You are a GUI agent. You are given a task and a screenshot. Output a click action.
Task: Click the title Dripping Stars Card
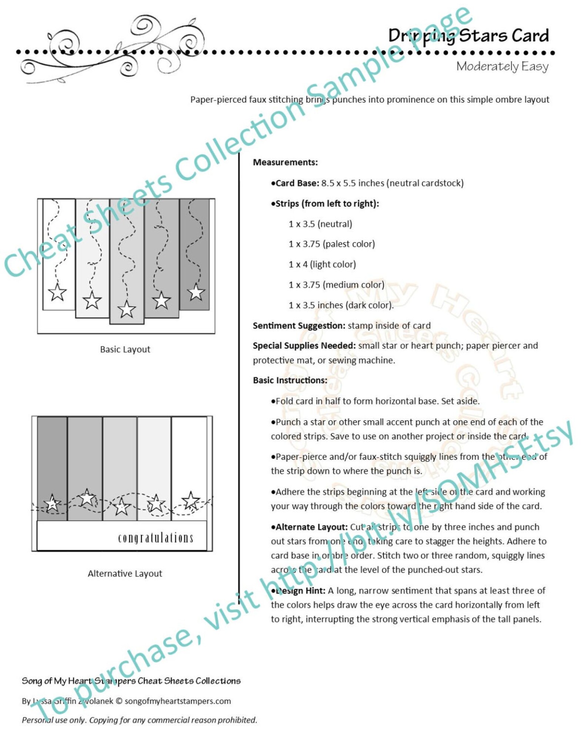tap(468, 36)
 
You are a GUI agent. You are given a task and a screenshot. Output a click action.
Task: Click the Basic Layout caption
tap(125, 349)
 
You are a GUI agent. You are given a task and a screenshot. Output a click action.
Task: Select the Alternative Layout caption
tap(125, 574)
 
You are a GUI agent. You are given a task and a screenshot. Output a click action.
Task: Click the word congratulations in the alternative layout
tap(156, 538)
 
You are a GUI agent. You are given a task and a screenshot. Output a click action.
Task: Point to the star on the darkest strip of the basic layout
tap(196, 292)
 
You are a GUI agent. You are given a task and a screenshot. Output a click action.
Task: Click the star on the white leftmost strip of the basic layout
tap(57, 292)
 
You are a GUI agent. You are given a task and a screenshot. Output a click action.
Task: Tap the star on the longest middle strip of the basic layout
tap(127, 309)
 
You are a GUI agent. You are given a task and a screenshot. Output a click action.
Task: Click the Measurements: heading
tap(285, 162)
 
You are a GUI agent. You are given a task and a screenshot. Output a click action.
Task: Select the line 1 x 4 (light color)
tap(322, 264)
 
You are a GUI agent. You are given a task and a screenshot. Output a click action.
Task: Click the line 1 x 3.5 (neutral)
tap(320, 224)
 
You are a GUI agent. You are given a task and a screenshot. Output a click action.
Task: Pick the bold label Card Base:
tap(296, 183)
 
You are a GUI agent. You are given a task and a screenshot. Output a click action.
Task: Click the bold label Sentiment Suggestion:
tap(299, 325)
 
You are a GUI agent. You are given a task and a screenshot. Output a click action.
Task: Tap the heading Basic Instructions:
tap(290, 380)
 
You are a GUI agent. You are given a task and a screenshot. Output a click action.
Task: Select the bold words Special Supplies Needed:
tap(304, 345)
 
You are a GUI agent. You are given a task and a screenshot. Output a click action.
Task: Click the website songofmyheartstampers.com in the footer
tap(178, 701)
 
